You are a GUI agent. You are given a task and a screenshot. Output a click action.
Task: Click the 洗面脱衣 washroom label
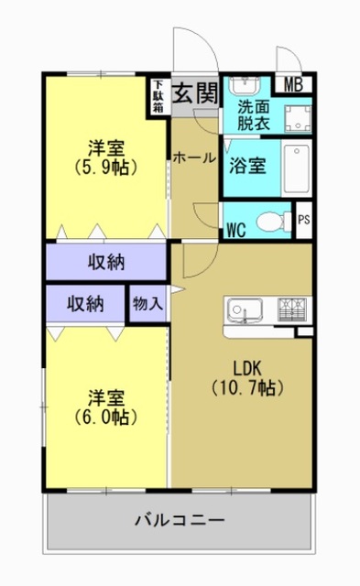click(x=250, y=113)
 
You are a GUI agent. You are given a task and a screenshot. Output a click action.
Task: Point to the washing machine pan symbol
click(x=297, y=116)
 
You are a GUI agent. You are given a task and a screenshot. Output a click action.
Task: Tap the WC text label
click(x=236, y=228)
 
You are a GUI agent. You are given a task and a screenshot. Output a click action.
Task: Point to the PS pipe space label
click(x=304, y=220)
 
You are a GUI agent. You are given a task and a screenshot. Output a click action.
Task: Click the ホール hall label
click(x=194, y=157)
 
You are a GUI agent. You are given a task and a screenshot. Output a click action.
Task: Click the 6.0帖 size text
click(x=106, y=417)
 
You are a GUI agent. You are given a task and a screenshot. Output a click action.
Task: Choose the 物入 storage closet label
click(x=147, y=303)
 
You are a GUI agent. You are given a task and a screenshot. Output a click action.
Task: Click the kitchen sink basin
click(x=246, y=309)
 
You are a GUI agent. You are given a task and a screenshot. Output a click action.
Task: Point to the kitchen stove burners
click(x=292, y=308)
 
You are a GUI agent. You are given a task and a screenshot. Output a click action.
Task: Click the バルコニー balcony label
click(x=180, y=520)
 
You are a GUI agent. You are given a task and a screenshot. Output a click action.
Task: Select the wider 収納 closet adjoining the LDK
click(x=106, y=262)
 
